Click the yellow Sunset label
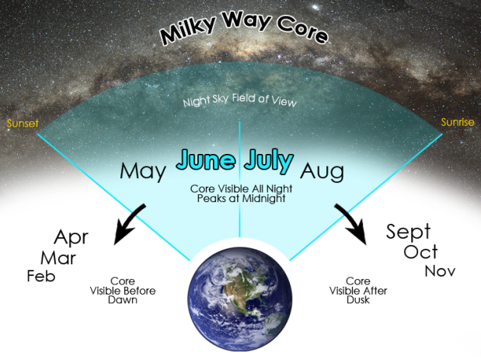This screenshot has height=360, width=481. click(x=23, y=124)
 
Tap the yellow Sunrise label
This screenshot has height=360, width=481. click(x=458, y=122)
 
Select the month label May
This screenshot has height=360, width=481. click(x=143, y=172)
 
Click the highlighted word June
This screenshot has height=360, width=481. click(x=206, y=159)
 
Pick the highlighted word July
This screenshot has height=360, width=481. click(x=269, y=160)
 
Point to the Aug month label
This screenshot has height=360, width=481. click(x=322, y=172)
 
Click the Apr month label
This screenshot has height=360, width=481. click(x=71, y=238)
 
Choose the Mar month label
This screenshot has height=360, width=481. click(x=58, y=258)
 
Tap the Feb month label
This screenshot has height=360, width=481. click(x=41, y=276)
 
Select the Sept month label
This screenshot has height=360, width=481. click(x=408, y=232)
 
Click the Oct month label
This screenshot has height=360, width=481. click(x=420, y=252)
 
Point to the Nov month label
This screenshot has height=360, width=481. click(x=440, y=271)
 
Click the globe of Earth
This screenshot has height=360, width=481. click(x=240, y=299)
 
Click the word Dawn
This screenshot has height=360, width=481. click(x=123, y=300)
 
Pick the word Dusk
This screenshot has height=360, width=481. click(x=358, y=300)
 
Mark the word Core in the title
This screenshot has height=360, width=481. click(x=302, y=30)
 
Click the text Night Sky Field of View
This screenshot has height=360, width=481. click(x=240, y=100)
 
